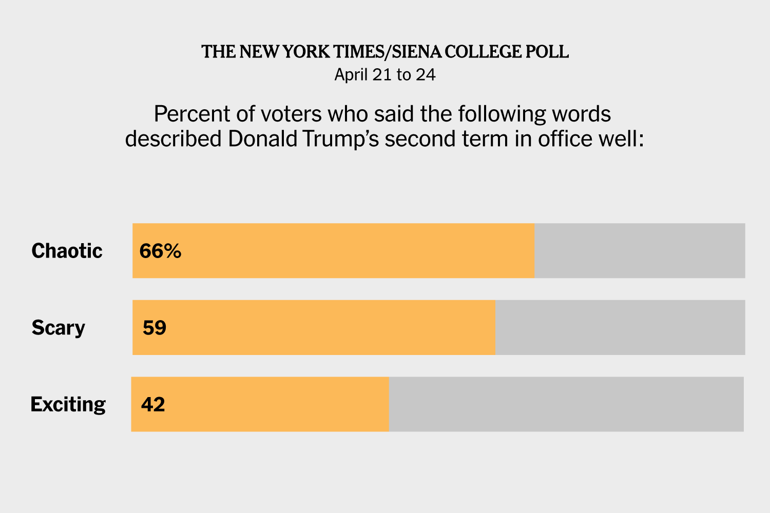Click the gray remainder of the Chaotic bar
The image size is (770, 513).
640,251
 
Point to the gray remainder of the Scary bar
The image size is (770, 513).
620,327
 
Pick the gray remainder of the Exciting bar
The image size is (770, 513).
566,404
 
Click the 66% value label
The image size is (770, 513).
160,251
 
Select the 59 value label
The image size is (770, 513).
155,328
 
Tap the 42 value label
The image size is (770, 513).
153,404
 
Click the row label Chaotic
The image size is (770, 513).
67,251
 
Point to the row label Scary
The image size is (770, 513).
58,328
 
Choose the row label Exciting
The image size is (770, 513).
68,404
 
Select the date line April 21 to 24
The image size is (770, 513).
385,75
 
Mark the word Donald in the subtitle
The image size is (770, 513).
262,139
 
